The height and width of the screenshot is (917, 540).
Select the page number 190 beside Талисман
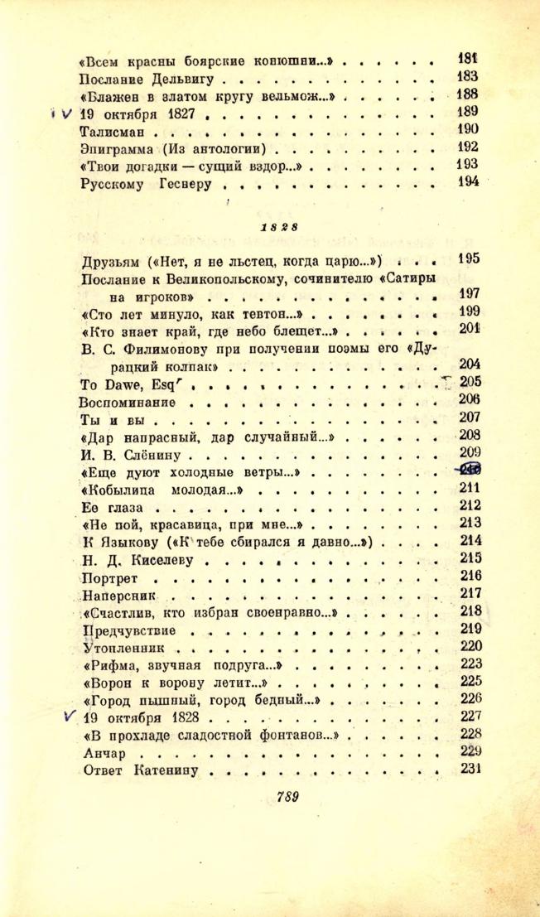click(468, 130)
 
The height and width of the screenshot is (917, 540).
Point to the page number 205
click(470, 383)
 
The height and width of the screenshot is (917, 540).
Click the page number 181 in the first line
click(468, 59)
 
